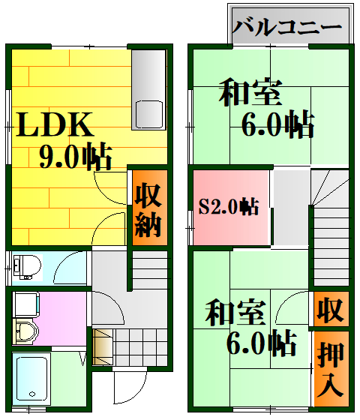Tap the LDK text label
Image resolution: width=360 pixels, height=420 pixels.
[x=55, y=124]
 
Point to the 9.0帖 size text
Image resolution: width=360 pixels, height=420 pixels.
[x=75, y=156]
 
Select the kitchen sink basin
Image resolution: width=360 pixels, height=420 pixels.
[x=149, y=115]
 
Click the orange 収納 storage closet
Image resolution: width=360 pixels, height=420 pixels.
[x=150, y=208]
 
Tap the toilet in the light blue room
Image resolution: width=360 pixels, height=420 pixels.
[x=27, y=266]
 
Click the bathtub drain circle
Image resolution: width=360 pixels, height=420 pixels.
[x=32, y=394]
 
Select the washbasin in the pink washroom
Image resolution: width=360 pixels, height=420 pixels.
[x=25, y=331]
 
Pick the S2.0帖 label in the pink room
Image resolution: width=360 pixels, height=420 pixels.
[x=229, y=207]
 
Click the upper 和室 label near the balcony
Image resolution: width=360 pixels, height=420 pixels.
[x=250, y=91]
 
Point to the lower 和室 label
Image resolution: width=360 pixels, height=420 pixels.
[x=235, y=312]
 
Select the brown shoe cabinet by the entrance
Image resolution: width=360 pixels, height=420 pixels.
[x=103, y=347]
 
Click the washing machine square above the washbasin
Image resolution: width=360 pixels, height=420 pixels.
[x=25, y=304]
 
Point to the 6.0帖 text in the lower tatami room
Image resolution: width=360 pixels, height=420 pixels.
[x=261, y=343]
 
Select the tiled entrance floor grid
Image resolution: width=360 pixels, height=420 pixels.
[x=140, y=347]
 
